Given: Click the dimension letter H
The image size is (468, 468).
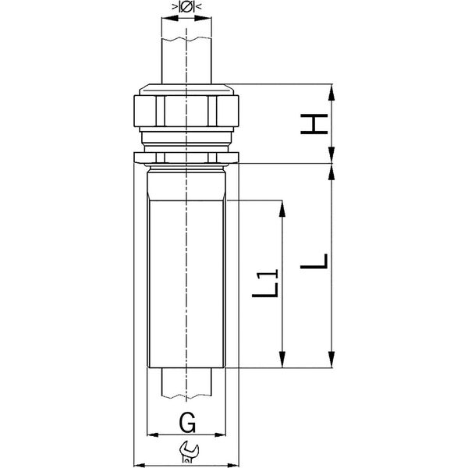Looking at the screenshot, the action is click(x=314, y=124).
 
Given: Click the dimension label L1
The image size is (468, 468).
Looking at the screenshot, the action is click(x=266, y=283).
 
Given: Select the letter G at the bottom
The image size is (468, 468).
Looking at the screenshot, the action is click(x=187, y=422).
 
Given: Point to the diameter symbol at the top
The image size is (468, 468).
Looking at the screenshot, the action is click(x=186, y=6).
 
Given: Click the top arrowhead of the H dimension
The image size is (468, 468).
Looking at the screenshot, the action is click(x=331, y=92).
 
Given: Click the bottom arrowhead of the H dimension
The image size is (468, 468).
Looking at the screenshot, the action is click(x=331, y=155).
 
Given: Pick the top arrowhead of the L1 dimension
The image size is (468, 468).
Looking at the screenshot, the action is click(x=282, y=208).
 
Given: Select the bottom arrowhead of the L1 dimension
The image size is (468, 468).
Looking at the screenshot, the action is click(x=282, y=360).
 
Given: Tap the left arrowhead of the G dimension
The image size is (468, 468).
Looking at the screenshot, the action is click(x=153, y=435).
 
